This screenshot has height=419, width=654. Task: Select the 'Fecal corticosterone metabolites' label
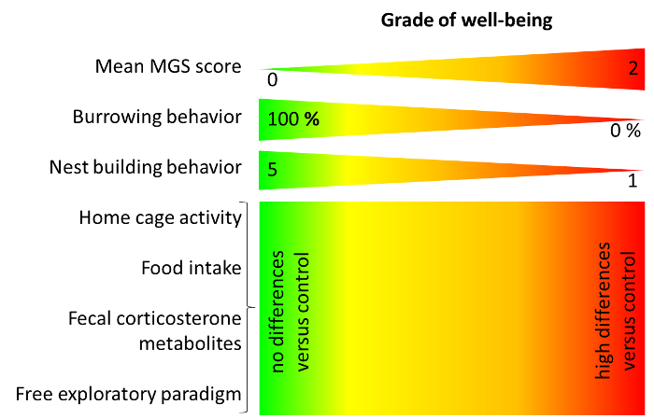coord(155,330)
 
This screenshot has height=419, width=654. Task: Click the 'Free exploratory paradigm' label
coord(129,394)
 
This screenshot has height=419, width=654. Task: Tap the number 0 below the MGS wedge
coord(272,80)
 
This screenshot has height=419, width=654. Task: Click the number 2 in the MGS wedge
coord(633,68)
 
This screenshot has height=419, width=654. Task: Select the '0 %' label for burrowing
coord(625,132)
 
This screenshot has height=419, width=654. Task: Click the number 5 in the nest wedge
coord(272,170)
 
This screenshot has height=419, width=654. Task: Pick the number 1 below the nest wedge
coord(633,182)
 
